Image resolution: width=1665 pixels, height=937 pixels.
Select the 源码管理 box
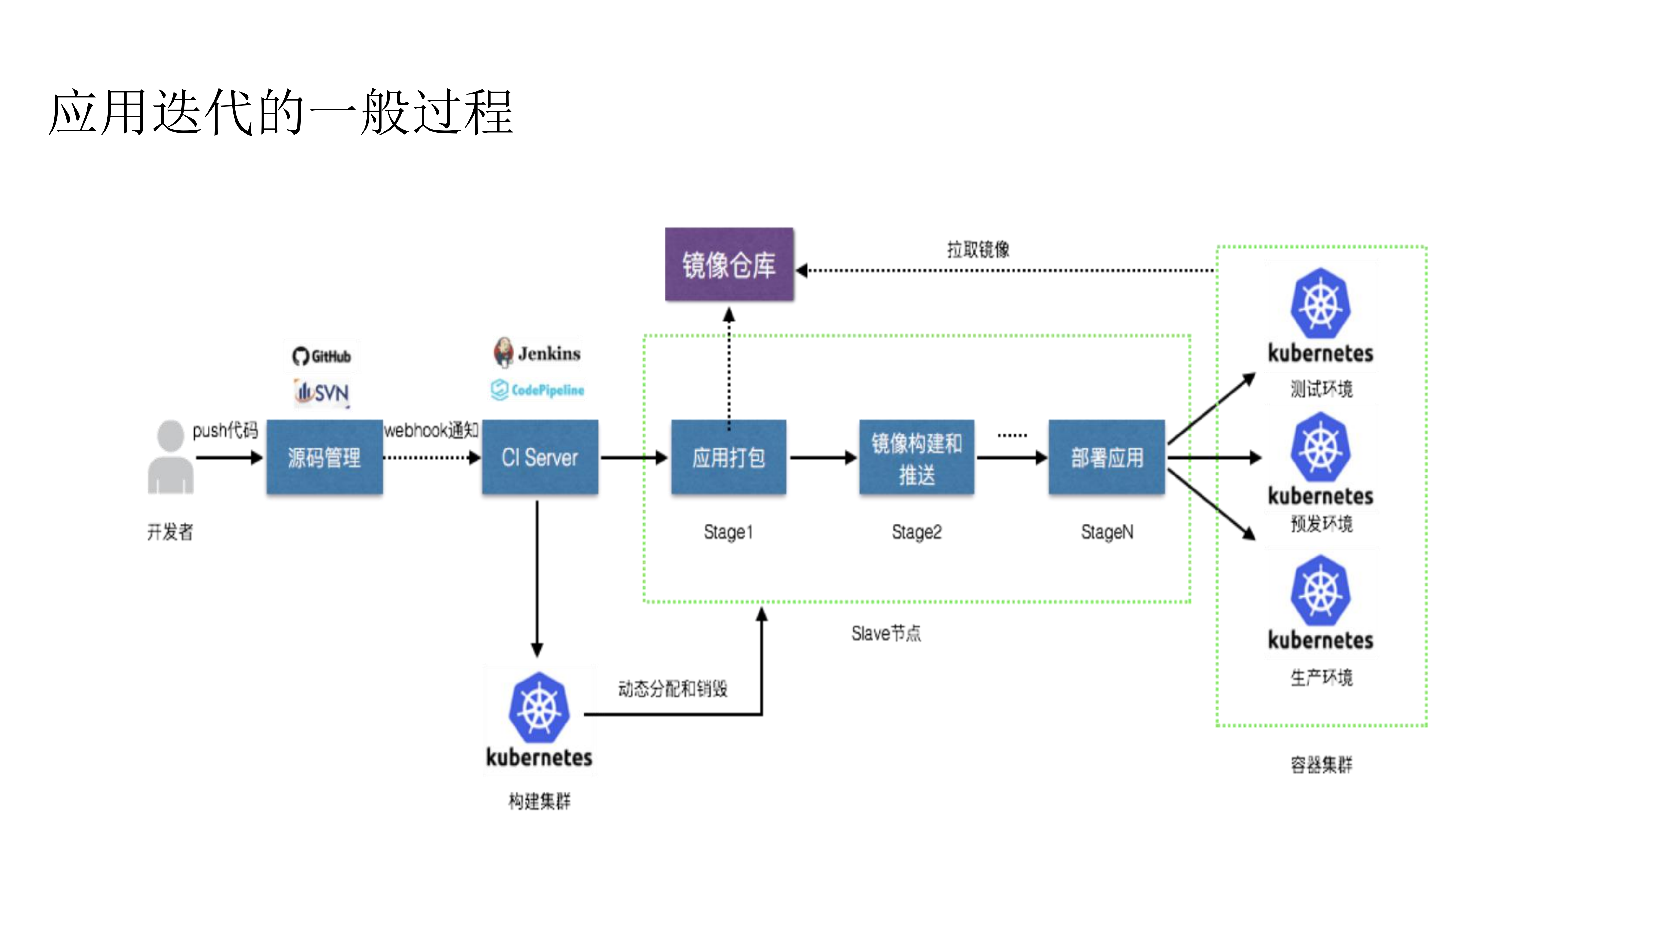point(325,457)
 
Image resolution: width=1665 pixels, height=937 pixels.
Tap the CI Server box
point(540,457)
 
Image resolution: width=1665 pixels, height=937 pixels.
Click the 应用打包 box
point(729,457)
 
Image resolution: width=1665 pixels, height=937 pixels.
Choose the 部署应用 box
point(1107,457)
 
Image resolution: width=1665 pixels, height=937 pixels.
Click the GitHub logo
point(321,356)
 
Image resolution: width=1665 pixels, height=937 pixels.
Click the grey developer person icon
point(171,457)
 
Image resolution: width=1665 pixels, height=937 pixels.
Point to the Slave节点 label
point(885,633)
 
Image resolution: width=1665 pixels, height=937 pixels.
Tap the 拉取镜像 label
point(978,250)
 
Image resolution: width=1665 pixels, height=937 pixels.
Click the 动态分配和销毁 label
point(672,689)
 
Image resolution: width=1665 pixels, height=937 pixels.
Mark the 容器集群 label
point(1321,765)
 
